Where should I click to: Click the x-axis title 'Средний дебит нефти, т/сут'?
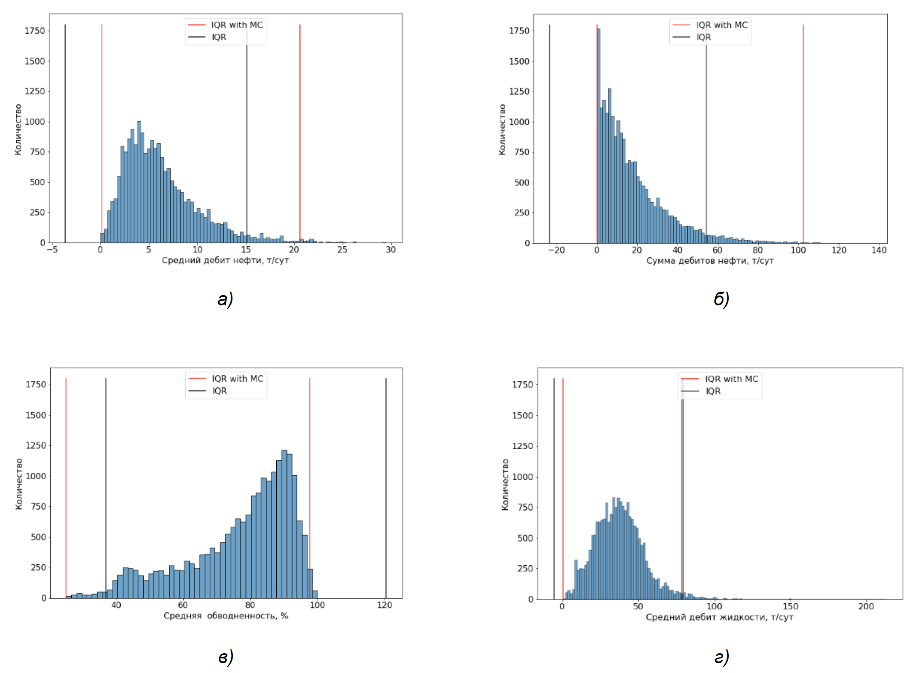[x=225, y=260]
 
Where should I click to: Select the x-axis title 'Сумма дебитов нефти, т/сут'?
[x=710, y=261]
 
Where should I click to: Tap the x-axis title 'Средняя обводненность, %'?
[x=226, y=616]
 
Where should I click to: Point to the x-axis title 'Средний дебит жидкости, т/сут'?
[x=719, y=617]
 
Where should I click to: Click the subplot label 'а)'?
[x=225, y=299]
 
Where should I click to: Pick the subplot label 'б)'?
[x=721, y=299]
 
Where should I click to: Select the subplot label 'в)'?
[x=226, y=657]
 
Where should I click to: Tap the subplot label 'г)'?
[x=721, y=657]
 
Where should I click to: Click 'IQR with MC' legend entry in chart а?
[x=237, y=25]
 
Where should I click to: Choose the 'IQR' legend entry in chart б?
[x=703, y=37]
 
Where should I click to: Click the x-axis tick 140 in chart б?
[x=879, y=250]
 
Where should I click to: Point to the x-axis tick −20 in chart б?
[x=556, y=250]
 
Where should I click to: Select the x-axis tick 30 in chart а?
[x=391, y=250]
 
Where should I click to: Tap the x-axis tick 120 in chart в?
[x=385, y=605]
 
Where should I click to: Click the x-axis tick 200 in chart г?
[x=866, y=606]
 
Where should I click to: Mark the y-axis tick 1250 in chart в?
[x=36, y=445]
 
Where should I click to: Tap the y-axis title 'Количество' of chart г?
[x=505, y=484]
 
